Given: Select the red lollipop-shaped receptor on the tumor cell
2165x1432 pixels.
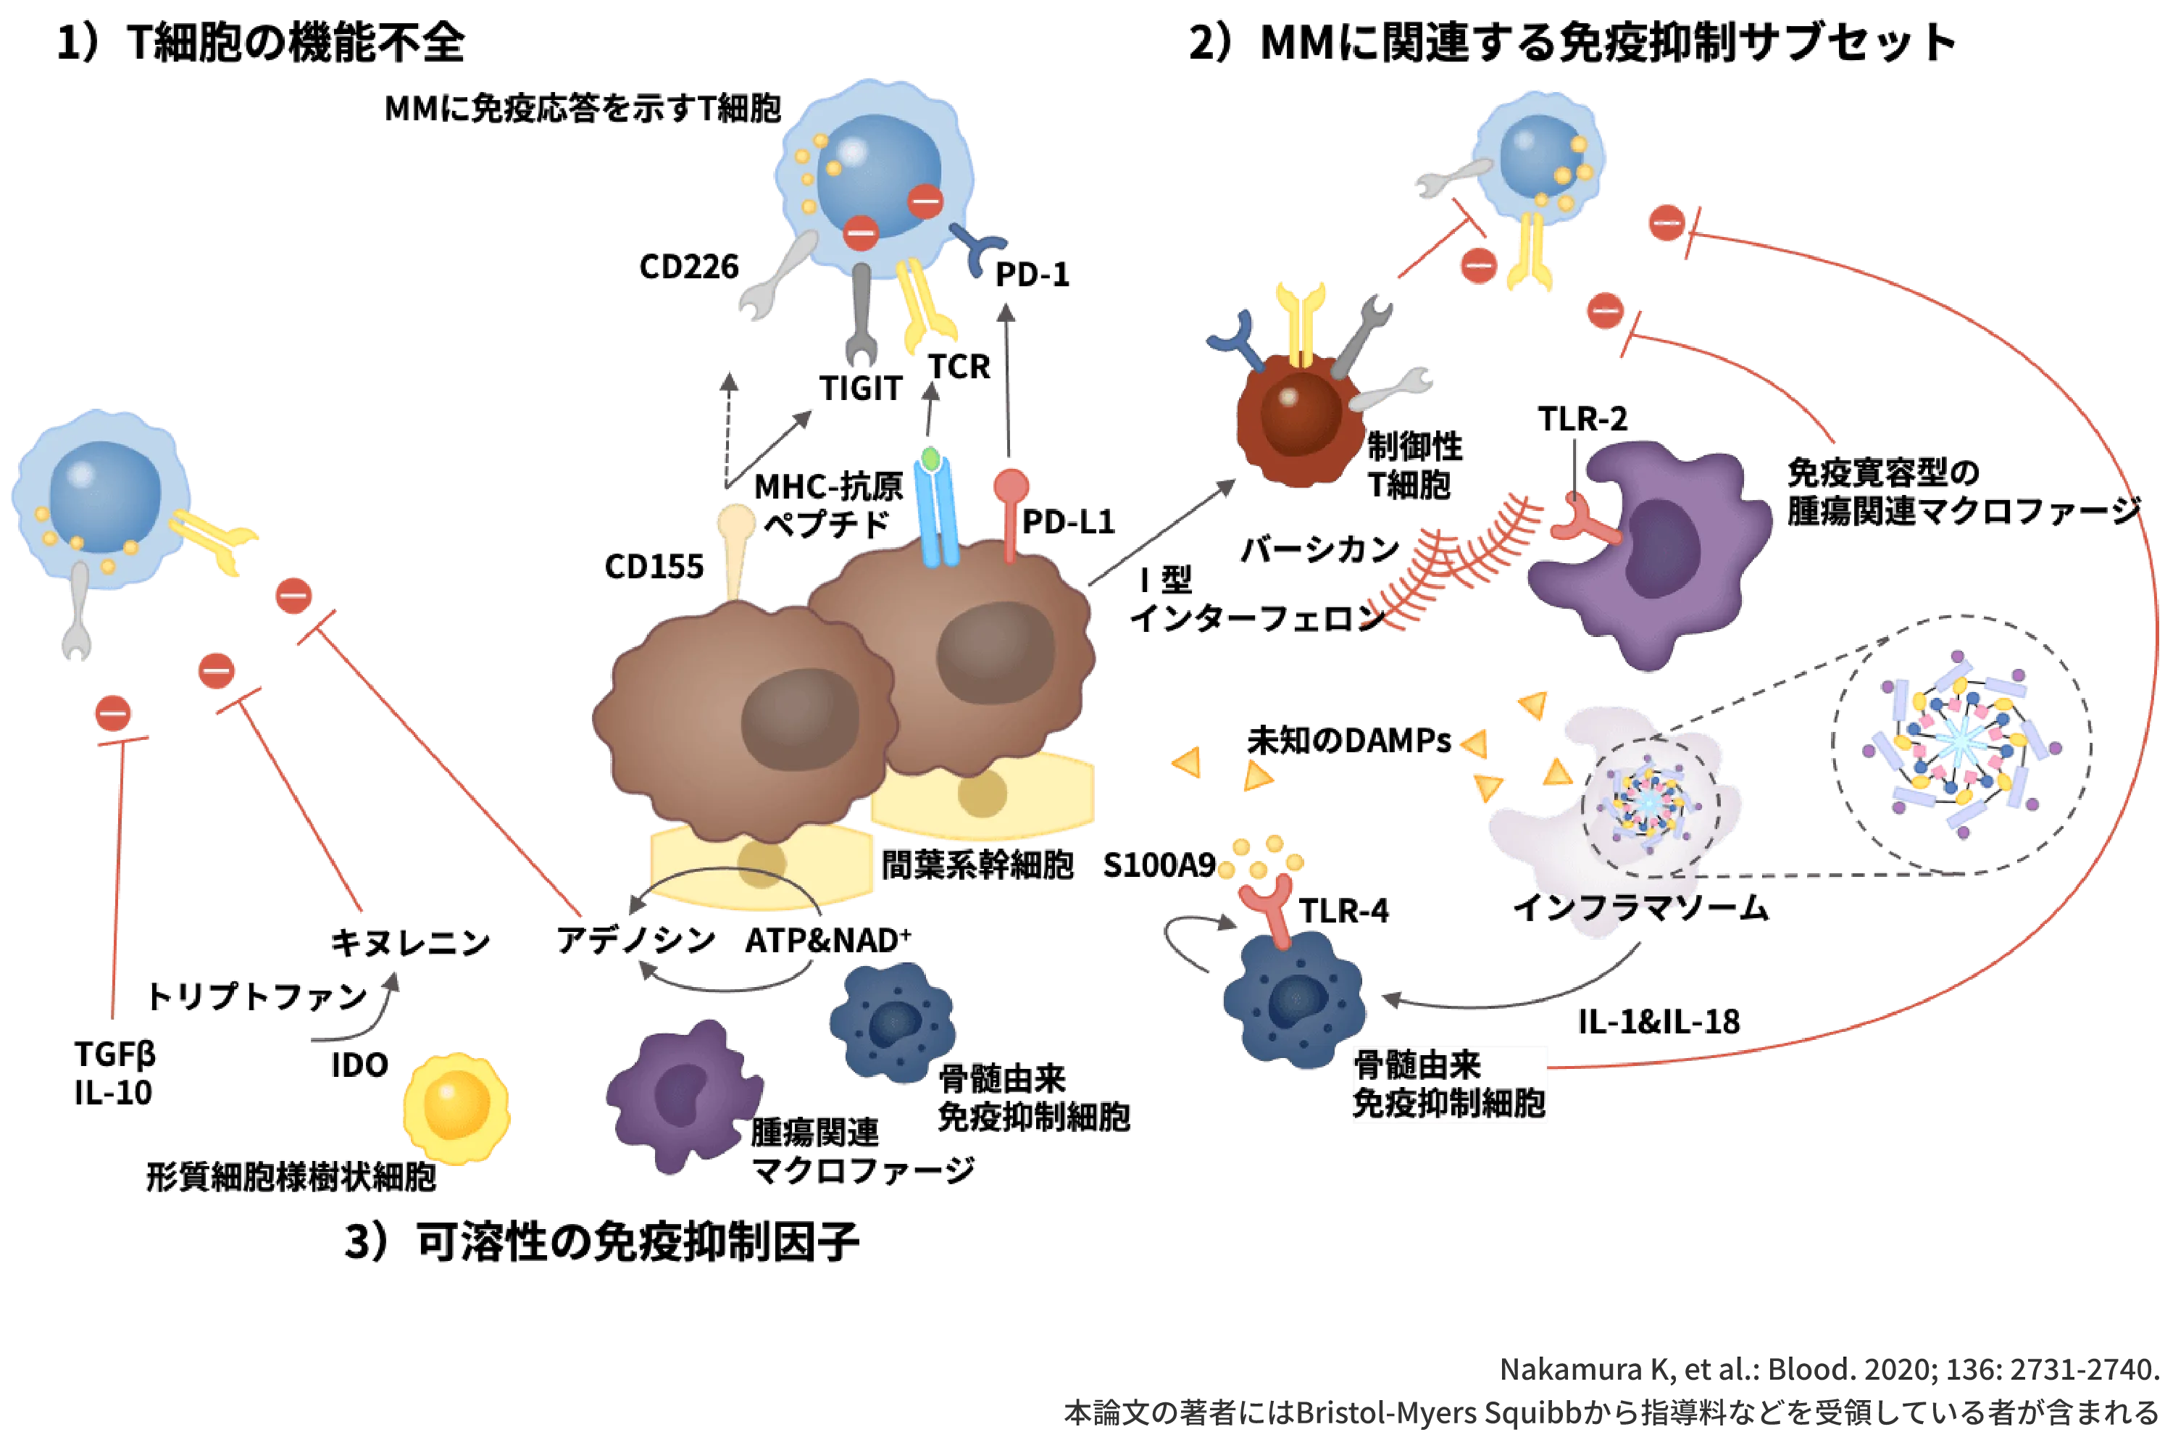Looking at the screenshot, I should [1011, 512].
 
